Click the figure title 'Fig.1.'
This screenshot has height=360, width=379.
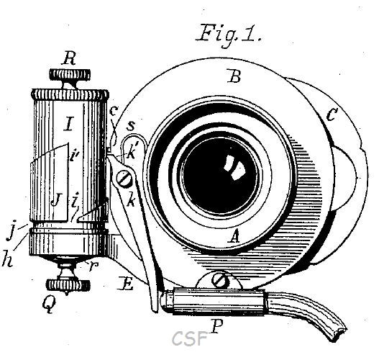[x=229, y=35]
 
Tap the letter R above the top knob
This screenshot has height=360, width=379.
[x=69, y=58]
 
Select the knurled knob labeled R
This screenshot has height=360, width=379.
[x=70, y=75]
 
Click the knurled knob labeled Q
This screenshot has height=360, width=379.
[x=68, y=285]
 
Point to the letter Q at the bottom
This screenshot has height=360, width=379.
[x=49, y=305]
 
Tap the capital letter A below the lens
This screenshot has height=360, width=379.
[x=234, y=236]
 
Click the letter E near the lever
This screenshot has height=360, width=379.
[x=125, y=284]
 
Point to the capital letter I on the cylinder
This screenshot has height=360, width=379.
[x=69, y=124]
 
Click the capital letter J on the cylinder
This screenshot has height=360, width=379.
[x=56, y=201]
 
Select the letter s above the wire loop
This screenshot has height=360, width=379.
[x=130, y=126]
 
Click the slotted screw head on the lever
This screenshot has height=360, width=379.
[x=124, y=179]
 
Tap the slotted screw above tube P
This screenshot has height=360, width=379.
[x=220, y=281]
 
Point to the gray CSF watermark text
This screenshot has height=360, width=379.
[x=190, y=338]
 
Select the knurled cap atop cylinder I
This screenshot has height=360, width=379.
[x=70, y=95]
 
